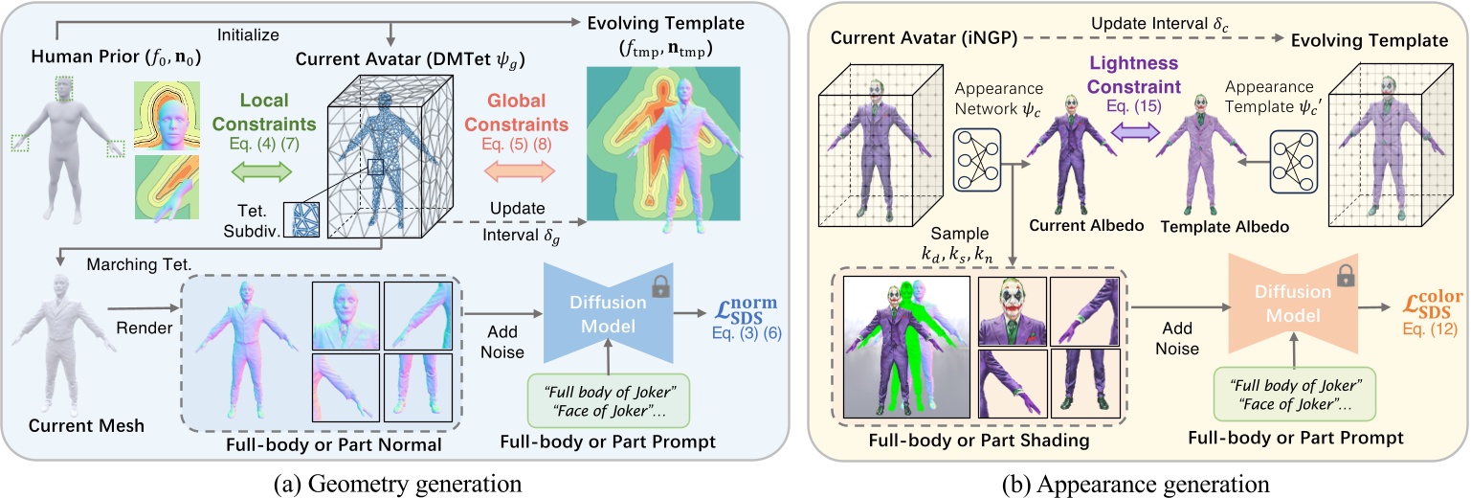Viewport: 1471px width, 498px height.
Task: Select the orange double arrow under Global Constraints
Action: tap(521, 174)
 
